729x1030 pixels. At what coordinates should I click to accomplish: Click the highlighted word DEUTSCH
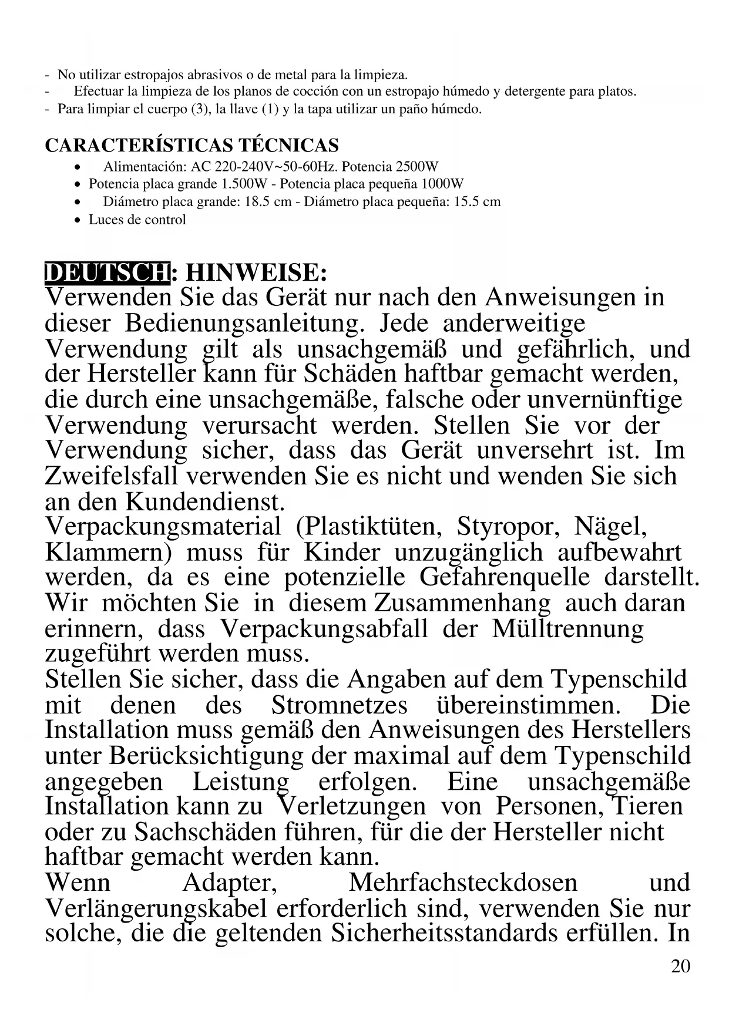click(107, 273)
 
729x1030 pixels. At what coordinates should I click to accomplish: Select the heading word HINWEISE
click(256, 273)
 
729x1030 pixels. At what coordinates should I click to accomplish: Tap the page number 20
click(680, 966)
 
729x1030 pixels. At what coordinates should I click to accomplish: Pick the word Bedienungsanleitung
click(242, 324)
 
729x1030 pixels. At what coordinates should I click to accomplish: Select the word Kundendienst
click(206, 502)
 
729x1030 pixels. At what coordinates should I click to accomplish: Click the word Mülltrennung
click(567, 629)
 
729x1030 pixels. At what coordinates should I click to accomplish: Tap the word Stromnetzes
click(339, 705)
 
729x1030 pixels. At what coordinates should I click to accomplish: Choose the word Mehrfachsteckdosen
click(463, 883)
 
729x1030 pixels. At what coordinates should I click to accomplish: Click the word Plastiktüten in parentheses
click(369, 526)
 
